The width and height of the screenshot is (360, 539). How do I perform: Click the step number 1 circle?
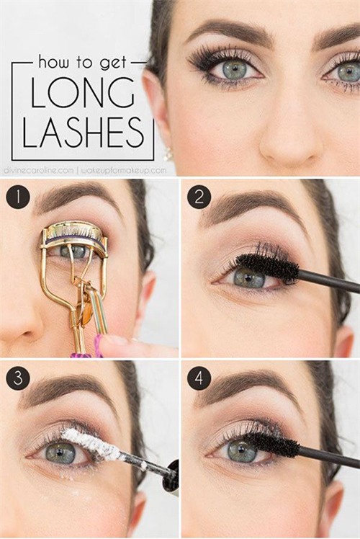(x=18, y=197)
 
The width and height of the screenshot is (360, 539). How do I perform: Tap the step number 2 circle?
(x=199, y=197)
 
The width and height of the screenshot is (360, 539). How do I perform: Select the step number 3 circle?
(x=18, y=378)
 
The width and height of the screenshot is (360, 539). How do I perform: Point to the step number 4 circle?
(x=199, y=378)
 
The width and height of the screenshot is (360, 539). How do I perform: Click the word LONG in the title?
(x=83, y=93)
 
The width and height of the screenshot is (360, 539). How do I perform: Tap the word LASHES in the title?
(x=83, y=132)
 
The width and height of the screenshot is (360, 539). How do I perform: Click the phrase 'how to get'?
(x=83, y=63)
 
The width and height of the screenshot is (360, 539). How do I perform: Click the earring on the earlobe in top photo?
(x=168, y=154)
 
